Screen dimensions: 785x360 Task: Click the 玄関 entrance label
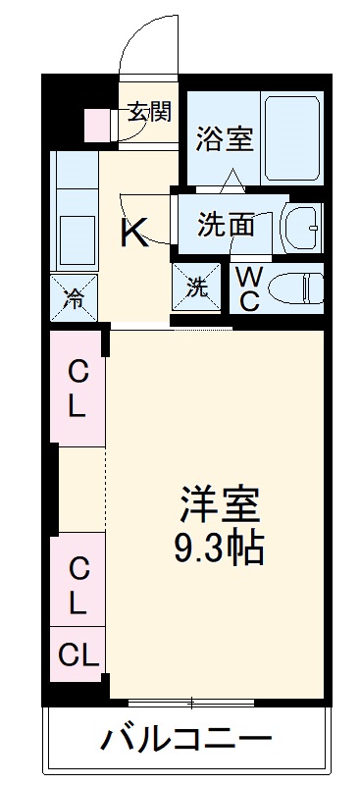pyautogui.click(x=149, y=111)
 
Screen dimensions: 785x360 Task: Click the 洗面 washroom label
pyautogui.click(x=227, y=225)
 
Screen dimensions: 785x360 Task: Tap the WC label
pyautogui.click(x=249, y=288)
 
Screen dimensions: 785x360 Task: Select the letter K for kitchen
pyautogui.click(x=134, y=233)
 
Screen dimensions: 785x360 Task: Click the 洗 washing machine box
pyautogui.click(x=198, y=288)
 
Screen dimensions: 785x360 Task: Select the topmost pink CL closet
pyautogui.click(x=77, y=389)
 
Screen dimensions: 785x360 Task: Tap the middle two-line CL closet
pyautogui.click(x=77, y=585)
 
